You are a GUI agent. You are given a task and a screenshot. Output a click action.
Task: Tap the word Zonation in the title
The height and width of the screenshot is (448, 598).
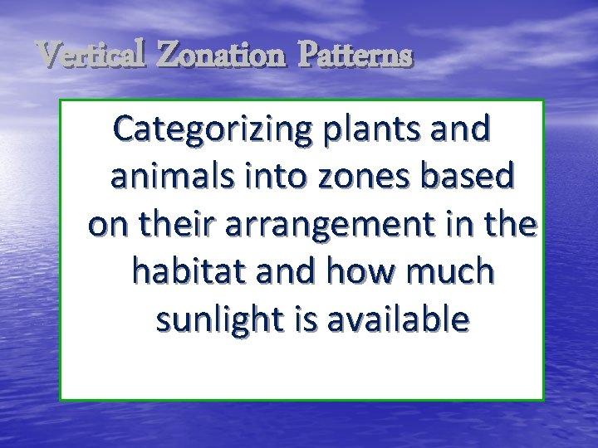click(221, 56)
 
